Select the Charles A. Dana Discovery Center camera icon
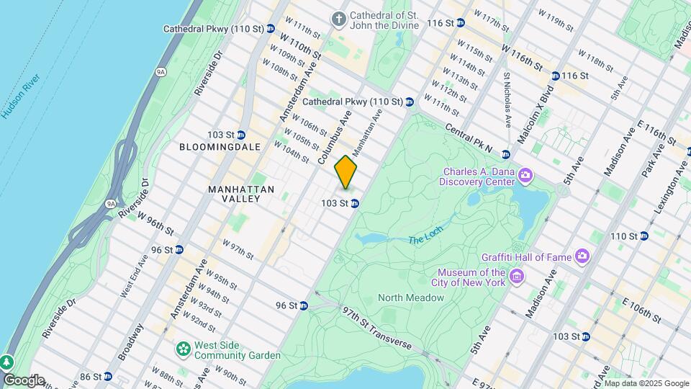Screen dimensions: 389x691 click(x=525, y=175)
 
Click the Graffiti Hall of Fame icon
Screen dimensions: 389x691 click(x=582, y=256)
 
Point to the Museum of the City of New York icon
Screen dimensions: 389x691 click(x=516, y=276)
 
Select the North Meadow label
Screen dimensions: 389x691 click(x=411, y=298)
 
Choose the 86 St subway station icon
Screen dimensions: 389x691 click(x=107, y=376)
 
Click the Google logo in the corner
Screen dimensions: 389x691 click(x=23, y=380)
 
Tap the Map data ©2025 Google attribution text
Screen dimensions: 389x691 click(x=646, y=383)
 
